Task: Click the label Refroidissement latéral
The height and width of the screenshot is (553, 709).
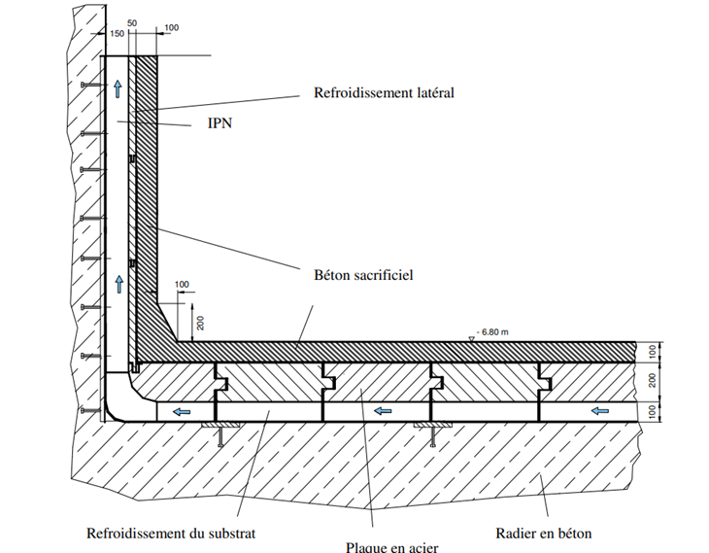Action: click(x=384, y=94)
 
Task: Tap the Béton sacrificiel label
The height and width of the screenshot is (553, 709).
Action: click(x=364, y=275)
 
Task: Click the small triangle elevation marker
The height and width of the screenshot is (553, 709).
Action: click(x=471, y=337)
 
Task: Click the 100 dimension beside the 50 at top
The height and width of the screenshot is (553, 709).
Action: click(x=172, y=27)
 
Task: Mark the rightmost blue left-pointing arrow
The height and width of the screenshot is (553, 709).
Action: click(x=597, y=412)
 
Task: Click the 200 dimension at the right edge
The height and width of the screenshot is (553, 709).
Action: click(x=654, y=381)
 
